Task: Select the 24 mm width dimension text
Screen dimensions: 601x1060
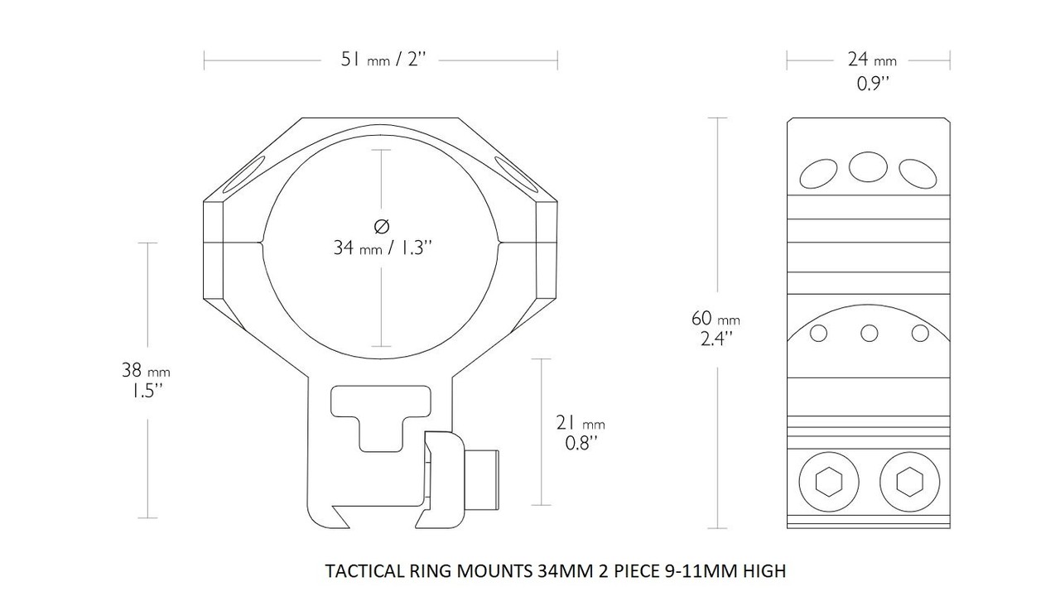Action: point(871,60)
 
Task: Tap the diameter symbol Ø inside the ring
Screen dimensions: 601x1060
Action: point(382,224)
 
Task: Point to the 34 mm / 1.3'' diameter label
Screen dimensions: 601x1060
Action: point(382,248)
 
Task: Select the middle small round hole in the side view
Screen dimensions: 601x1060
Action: point(869,333)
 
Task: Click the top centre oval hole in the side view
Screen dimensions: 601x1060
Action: point(868,166)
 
